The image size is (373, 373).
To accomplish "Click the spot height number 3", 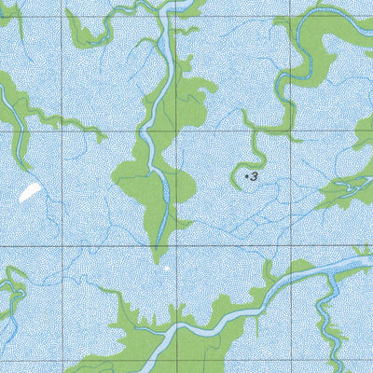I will (x=254, y=175).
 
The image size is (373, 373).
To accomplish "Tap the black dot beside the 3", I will (x=246, y=174).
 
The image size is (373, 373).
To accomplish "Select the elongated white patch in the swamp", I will (x=28, y=193).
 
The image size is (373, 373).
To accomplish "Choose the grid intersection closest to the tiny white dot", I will (x=177, y=247).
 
